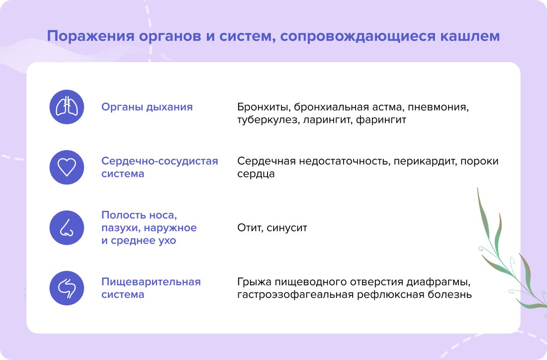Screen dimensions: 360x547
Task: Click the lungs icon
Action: [x=67, y=107]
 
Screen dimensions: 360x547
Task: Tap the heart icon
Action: [x=67, y=167]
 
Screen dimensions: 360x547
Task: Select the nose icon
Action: [x=67, y=228]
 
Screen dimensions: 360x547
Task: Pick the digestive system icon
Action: [x=67, y=288]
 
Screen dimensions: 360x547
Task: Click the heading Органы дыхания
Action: [x=147, y=107]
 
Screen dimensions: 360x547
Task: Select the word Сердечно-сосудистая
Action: [x=160, y=161]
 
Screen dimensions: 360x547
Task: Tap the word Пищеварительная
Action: [x=151, y=282]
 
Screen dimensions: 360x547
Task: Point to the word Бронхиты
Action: [x=263, y=107]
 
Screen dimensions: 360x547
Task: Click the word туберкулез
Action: [x=266, y=120]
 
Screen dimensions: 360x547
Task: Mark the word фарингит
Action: [x=381, y=120]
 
